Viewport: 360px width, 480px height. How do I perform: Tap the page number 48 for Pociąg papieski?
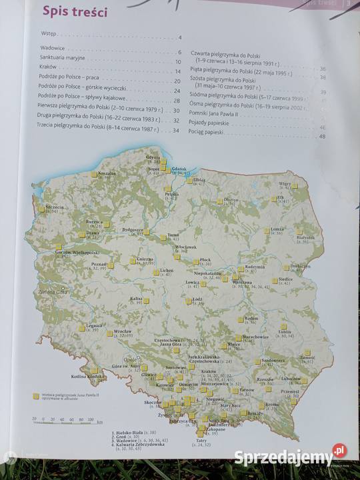click(x=322, y=137)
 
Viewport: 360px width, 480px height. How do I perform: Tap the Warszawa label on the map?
click(x=242, y=282)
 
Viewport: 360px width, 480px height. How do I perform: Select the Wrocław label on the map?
click(x=122, y=331)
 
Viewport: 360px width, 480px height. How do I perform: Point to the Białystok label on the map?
click(x=305, y=236)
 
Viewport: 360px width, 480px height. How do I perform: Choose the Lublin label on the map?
click(x=285, y=331)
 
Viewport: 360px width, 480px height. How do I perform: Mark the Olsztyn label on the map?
click(x=231, y=199)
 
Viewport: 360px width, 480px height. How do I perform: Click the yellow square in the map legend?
click(x=36, y=395)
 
